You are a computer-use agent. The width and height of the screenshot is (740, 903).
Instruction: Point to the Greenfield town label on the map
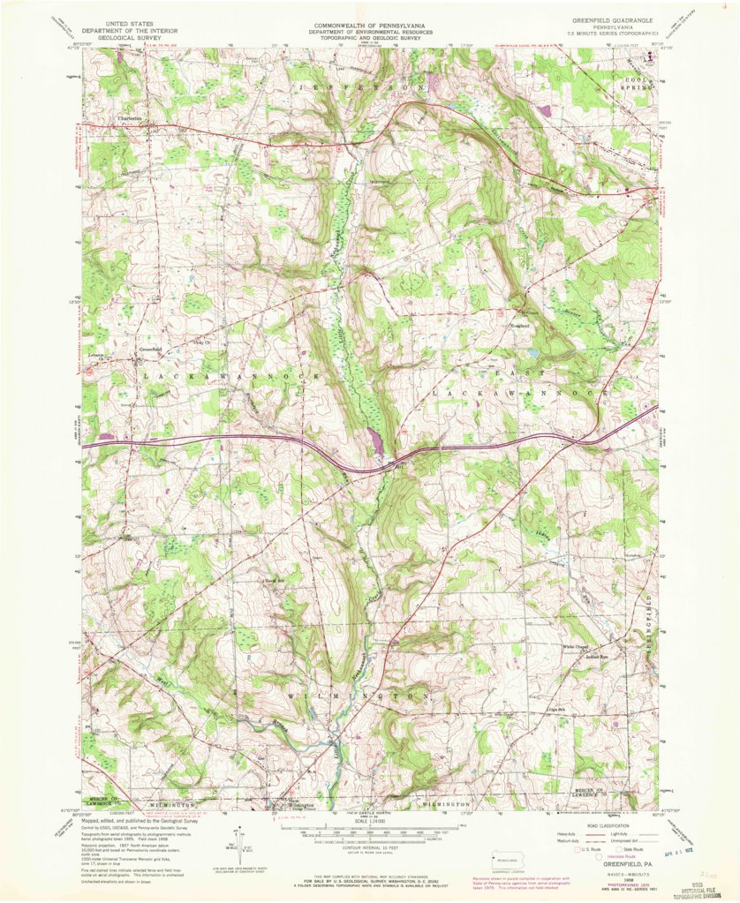[x=150, y=349]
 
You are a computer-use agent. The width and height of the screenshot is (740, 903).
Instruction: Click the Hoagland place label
[x=519, y=326]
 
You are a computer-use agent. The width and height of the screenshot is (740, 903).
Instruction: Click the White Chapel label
[x=577, y=647]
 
